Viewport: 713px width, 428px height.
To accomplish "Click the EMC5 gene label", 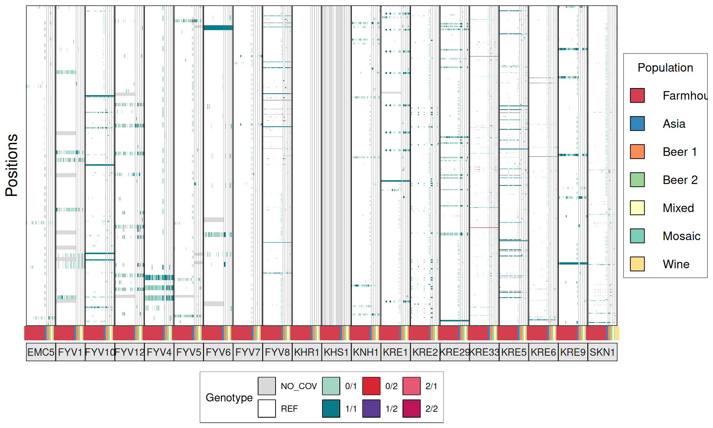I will (x=41, y=352).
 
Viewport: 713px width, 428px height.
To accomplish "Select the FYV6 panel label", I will (x=218, y=352).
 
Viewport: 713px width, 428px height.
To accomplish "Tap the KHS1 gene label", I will (x=336, y=352).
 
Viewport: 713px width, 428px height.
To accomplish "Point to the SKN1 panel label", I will (x=602, y=352).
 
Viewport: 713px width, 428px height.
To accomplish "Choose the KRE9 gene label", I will (x=573, y=352).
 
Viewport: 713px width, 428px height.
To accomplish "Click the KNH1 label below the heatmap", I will (x=366, y=352).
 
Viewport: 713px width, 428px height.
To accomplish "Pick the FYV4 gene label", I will (x=159, y=352).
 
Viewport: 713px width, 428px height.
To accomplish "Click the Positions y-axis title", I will (x=12, y=165).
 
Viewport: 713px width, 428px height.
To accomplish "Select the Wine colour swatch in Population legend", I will (x=637, y=264).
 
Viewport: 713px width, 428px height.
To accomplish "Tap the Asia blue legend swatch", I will (x=637, y=123).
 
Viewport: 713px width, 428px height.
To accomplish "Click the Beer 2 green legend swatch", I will (x=637, y=180).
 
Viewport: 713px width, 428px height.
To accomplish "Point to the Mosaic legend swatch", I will (x=637, y=236).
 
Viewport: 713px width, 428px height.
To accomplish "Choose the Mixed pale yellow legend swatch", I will (x=637, y=208).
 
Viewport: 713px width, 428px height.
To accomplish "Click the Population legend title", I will (x=665, y=68).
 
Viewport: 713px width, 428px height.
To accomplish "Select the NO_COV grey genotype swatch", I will (x=267, y=386).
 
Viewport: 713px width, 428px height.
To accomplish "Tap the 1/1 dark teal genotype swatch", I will (x=331, y=408).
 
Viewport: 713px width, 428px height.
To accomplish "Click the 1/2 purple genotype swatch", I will (x=371, y=408).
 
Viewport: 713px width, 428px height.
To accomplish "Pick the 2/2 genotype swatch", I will (x=411, y=408).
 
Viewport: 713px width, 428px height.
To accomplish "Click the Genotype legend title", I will (x=229, y=398).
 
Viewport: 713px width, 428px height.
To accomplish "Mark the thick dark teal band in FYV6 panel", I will (x=218, y=27).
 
